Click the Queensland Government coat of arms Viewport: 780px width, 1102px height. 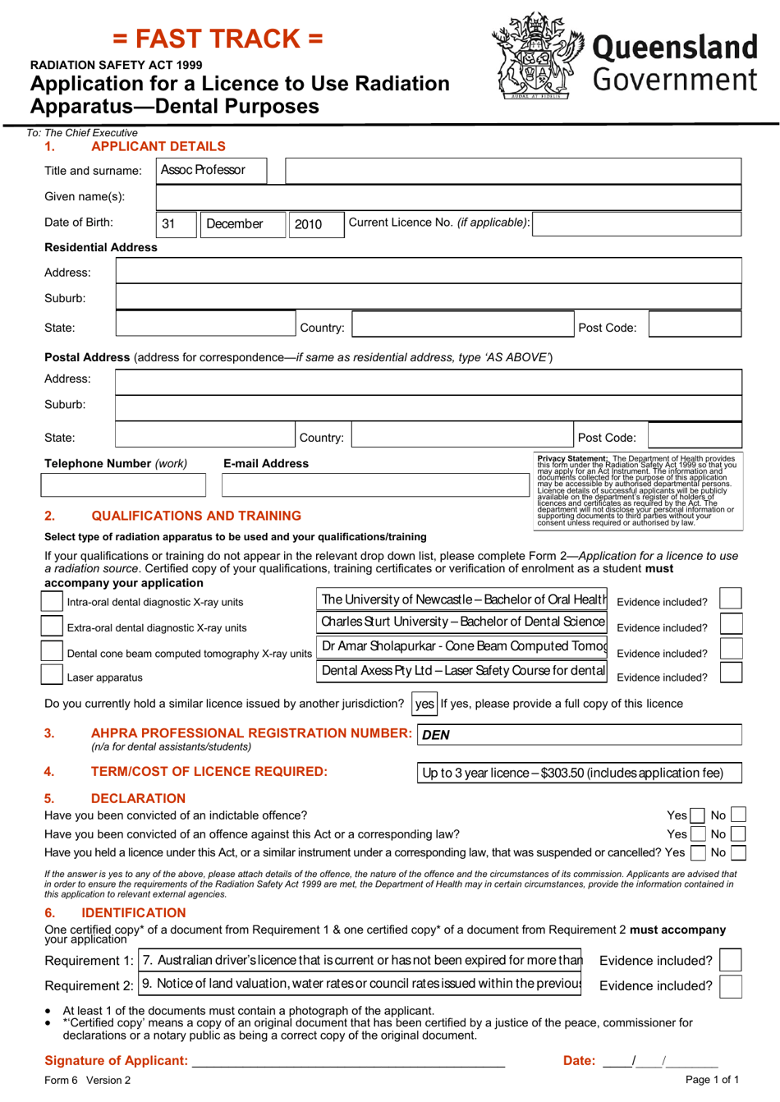coord(537,56)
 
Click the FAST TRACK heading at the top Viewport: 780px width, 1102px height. coord(218,39)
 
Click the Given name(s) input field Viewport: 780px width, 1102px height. coord(448,197)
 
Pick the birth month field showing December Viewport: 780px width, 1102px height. coord(242,224)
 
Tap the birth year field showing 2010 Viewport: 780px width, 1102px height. coord(315,224)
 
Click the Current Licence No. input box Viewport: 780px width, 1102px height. coord(637,223)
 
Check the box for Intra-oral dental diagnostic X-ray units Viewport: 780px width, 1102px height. coord(52,601)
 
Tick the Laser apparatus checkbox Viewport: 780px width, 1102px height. coord(52,676)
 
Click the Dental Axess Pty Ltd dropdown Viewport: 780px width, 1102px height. coord(463,671)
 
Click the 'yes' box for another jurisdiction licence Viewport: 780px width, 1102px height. coord(424,704)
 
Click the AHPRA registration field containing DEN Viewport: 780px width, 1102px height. coord(580,734)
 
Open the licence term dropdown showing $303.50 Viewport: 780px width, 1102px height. coord(580,773)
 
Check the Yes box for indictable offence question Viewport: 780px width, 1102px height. coord(697,815)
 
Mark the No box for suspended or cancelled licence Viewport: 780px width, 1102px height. coord(737,853)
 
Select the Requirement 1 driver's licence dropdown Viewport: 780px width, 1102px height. coord(360,960)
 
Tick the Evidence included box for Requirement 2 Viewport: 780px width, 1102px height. coord(730,985)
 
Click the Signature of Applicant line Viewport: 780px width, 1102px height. coord(348,1060)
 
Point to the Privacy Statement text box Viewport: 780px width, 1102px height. coord(637,489)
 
